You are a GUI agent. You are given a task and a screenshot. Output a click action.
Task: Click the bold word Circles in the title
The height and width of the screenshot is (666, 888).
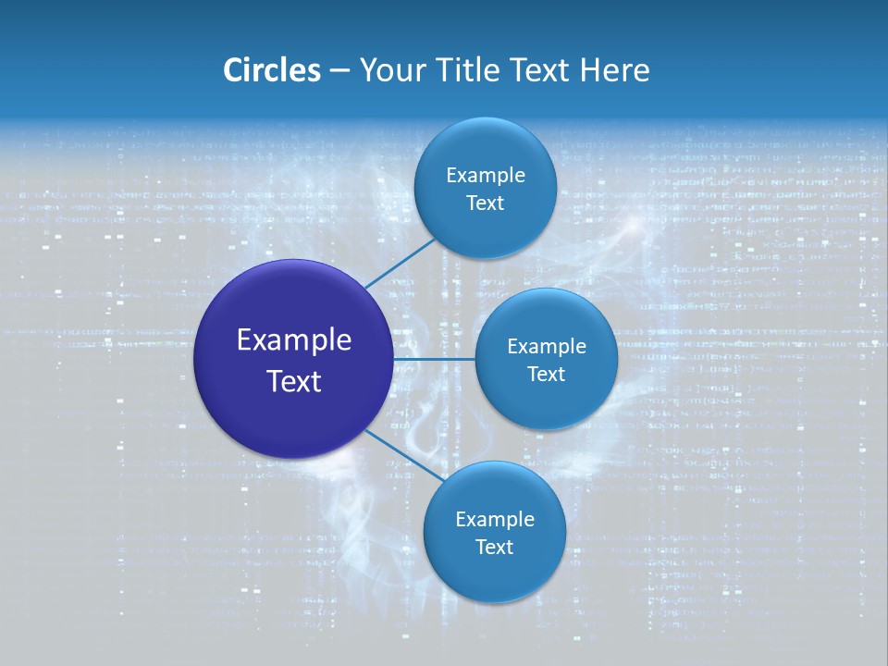click(x=272, y=70)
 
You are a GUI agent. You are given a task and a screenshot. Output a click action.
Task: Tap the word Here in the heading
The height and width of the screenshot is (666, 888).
click(x=615, y=70)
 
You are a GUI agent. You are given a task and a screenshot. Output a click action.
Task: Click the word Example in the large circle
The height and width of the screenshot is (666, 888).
click(x=294, y=340)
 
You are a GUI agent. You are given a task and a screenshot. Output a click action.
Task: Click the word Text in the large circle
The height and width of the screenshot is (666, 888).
click(x=294, y=381)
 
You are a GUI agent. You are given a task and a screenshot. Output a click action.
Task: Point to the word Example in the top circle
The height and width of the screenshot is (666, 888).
click(x=485, y=176)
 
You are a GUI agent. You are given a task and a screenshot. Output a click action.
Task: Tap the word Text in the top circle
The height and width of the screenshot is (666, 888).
click(x=485, y=203)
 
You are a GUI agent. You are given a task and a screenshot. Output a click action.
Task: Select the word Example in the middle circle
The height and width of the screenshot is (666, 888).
click(x=546, y=347)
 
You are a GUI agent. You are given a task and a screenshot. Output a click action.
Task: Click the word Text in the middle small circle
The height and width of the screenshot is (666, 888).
click(x=546, y=375)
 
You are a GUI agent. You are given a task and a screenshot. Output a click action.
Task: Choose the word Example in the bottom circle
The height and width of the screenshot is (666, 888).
click(x=494, y=520)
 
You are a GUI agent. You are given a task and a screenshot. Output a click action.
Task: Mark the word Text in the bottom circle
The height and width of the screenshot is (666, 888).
click(x=494, y=548)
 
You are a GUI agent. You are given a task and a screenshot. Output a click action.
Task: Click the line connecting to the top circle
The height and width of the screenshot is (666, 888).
click(x=400, y=263)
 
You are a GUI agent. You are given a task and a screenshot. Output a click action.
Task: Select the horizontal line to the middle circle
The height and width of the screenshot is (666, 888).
click(x=435, y=358)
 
